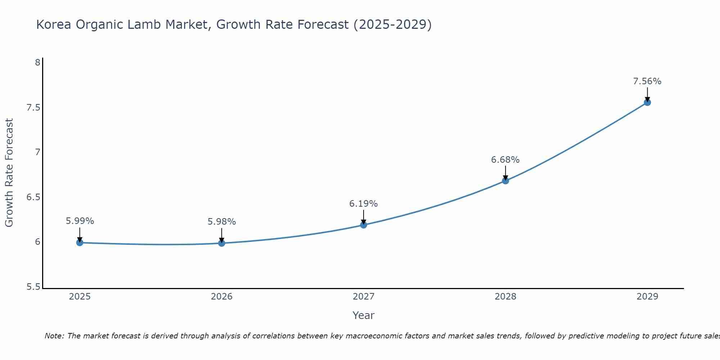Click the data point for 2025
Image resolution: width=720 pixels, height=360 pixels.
point(80,243)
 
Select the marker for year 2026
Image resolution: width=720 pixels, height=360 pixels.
point(222,243)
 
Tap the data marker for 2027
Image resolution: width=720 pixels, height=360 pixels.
point(364,225)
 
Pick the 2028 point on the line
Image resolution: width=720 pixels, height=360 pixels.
point(505,181)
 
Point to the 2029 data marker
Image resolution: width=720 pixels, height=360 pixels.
point(647,102)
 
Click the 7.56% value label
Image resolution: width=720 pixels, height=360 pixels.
point(647,81)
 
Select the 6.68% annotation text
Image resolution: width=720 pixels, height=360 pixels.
point(505,160)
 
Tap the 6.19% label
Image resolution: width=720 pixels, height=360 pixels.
point(364,204)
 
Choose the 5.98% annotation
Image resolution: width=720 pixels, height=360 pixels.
point(222,222)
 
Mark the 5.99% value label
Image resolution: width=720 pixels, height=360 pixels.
point(80,221)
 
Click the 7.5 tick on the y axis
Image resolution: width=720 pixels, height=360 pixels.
point(33,108)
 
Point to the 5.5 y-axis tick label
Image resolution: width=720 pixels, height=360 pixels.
point(33,287)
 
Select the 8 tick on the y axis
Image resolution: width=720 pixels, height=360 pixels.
point(37,63)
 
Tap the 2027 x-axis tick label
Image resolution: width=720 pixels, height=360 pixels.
point(364,297)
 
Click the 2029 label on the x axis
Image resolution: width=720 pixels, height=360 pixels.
point(647,297)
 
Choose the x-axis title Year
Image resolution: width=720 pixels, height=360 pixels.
point(364,315)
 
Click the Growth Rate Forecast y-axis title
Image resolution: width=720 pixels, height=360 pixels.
point(9,173)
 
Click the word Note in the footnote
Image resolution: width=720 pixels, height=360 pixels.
point(54,336)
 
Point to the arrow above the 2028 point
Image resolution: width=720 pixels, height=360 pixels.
point(505,172)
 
